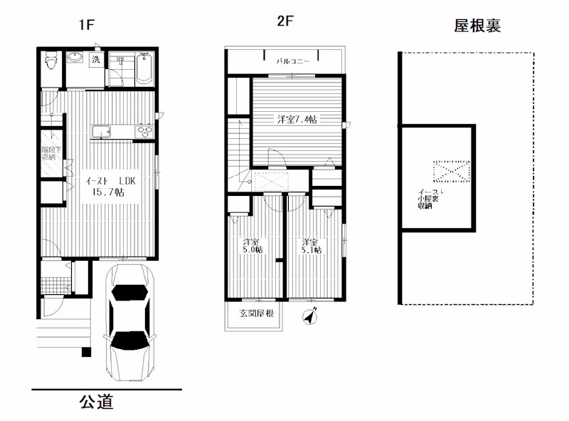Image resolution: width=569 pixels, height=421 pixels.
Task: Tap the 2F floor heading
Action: (x=285, y=21)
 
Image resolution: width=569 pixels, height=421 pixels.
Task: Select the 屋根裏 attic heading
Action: (x=478, y=26)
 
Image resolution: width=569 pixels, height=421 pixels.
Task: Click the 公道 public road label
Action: (x=96, y=402)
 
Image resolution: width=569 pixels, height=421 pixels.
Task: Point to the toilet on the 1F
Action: (x=50, y=68)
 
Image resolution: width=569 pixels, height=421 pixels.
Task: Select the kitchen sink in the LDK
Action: (x=100, y=131)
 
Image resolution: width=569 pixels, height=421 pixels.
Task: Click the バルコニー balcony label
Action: (x=293, y=62)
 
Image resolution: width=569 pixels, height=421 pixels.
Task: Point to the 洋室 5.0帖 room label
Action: (x=252, y=245)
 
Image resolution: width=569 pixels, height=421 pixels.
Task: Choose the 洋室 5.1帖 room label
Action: (x=311, y=245)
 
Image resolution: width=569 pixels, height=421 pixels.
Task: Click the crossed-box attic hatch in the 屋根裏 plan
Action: (x=451, y=170)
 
